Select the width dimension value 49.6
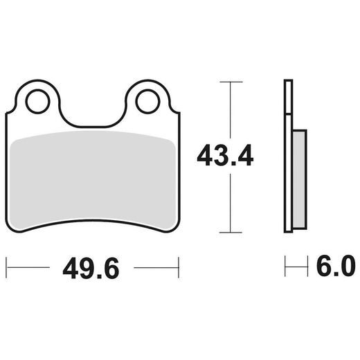(92, 267)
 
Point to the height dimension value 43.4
(225, 156)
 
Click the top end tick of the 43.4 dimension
(231, 82)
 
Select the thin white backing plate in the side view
(288, 156)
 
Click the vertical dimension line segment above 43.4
(231, 111)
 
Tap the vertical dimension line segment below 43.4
(231, 201)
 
